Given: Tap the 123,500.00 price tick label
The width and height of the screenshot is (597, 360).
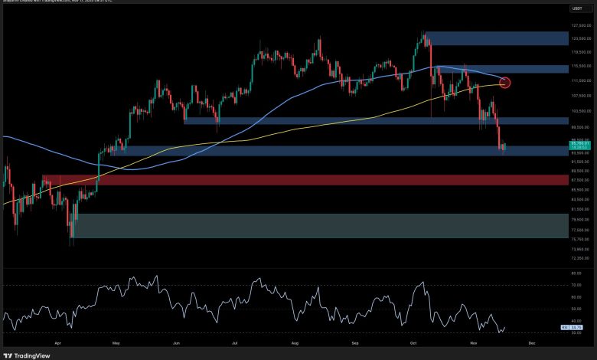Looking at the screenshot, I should pyautogui.click(x=581, y=38).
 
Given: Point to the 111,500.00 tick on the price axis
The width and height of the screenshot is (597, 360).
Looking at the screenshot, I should pyautogui.click(x=581, y=80).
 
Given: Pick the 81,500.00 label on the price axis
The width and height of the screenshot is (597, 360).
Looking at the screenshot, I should pyautogui.click(x=581, y=209).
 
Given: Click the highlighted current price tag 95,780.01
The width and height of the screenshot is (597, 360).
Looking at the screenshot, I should pyautogui.click(x=581, y=143).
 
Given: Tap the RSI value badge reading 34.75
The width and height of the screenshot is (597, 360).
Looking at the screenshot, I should pyautogui.click(x=581, y=328).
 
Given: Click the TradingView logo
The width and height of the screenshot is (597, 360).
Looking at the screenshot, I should pyautogui.click(x=27, y=355).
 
